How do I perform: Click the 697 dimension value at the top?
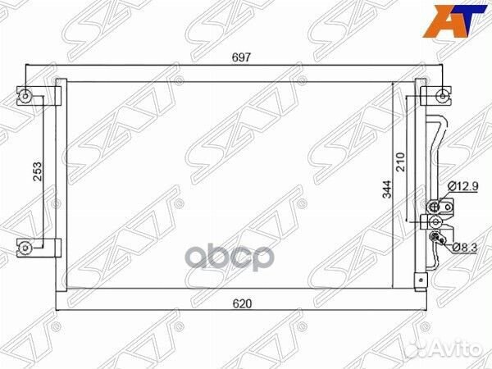pyautogui.click(x=242, y=57)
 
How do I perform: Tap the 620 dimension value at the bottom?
pyautogui.click(x=242, y=303)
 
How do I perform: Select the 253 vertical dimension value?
pyautogui.click(x=38, y=171)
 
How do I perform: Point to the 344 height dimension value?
pyautogui.click(x=388, y=189)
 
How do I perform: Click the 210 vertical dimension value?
pyautogui.click(x=401, y=162)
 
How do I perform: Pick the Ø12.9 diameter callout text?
pyautogui.click(x=462, y=186)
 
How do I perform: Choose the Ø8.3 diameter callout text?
pyautogui.click(x=464, y=248)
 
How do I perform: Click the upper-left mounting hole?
pyautogui.click(x=25, y=96)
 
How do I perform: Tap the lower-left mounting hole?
pyautogui.click(x=25, y=248)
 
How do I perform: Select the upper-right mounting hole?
pyautogui.click(x=443, y=96)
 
